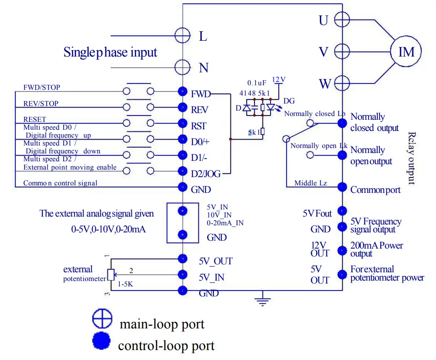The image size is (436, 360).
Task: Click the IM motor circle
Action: pos(406,52)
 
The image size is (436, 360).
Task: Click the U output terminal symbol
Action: pos(342,19)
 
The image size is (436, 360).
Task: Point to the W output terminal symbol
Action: pos(342,83)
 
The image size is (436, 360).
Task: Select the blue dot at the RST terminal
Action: pos(182,123)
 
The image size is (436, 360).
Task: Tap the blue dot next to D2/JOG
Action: pos(182,171)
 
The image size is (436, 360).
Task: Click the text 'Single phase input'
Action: pos(110,52)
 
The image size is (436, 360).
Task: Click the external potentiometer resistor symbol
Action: pos(110,274)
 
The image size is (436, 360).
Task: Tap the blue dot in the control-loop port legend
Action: pos(101,342)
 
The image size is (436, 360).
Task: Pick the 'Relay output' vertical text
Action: pos(411,158)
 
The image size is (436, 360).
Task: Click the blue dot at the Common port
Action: pos(342,187)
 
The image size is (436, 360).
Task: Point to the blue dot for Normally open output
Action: pos(342,155)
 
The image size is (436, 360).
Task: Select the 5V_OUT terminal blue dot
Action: pos(182,259)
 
